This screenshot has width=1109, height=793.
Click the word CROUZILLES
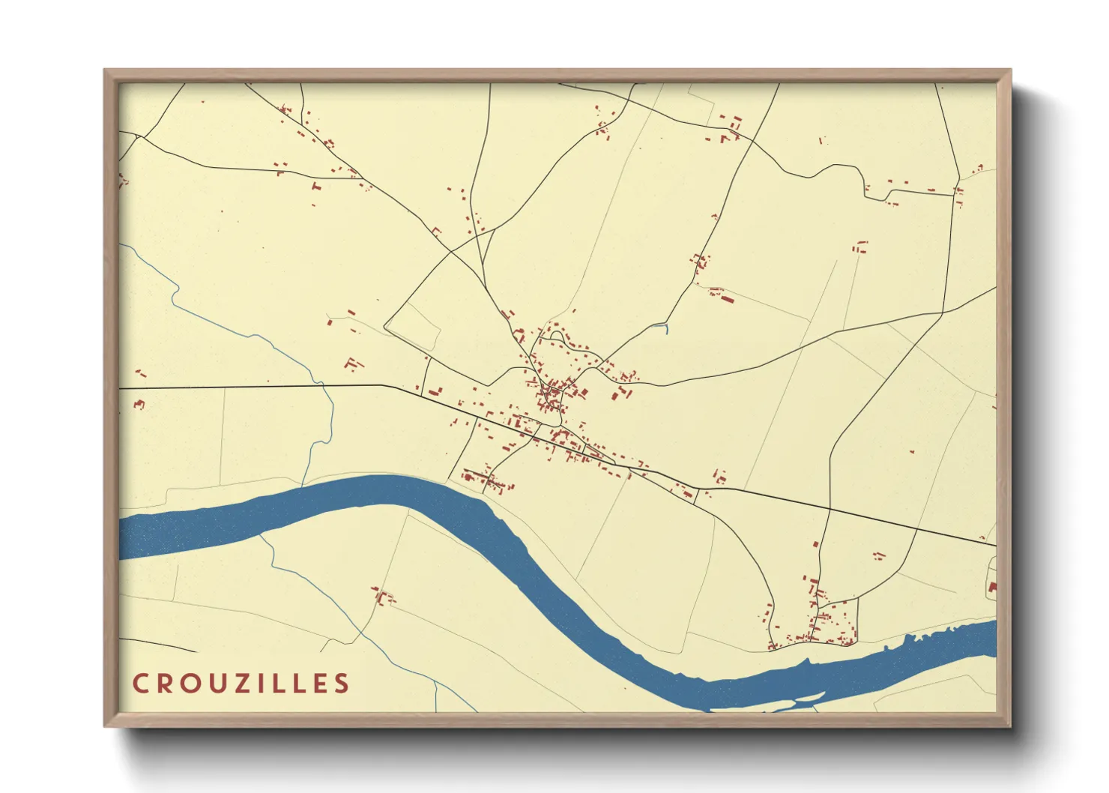tap(241, 683)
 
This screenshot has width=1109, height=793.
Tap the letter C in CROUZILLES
tap(140, 683)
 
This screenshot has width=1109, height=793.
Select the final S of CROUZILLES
tap(342, 683)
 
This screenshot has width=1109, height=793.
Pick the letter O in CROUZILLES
tap(184, 683)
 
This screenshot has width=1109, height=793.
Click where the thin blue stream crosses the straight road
tap(322, 387)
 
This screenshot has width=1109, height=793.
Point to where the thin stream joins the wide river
tap(303, 486)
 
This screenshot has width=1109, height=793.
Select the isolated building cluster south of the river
tap(384, 597)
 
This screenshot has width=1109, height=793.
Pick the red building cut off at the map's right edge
tap(992, 587)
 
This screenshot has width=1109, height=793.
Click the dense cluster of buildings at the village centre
tap(553, 394)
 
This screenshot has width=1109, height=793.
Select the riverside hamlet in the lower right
tap(821, 626)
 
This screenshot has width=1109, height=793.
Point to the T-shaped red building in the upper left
tap(315, 184)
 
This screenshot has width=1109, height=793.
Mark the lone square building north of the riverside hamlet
tap(878, 555)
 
